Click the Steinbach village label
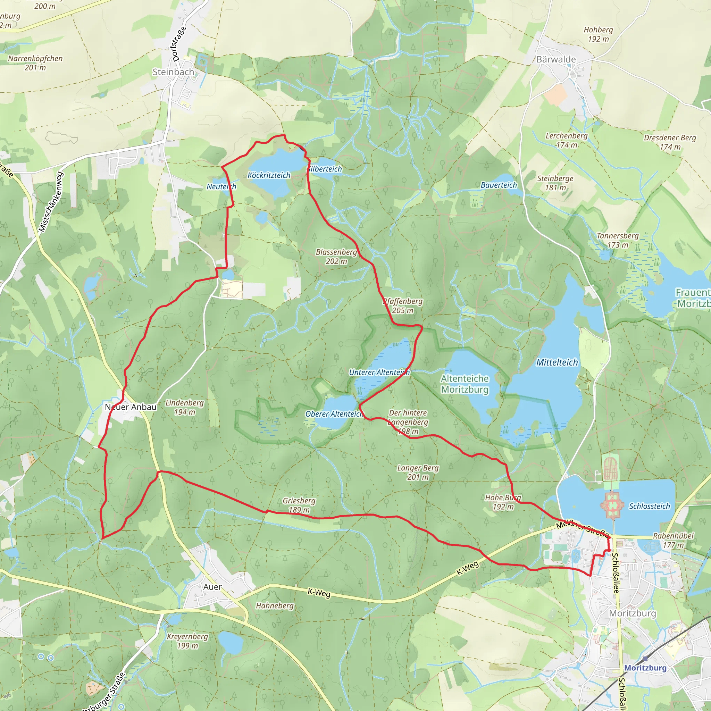pyautogui.click(x=173, y=72)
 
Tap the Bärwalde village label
pyautogui.click(x=556, y=59)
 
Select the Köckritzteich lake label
pyautogui.click(x=269, y=175)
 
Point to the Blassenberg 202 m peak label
pyautogui.click(x=336, y=257)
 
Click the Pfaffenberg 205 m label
pyautogui.click(x=403, y=306)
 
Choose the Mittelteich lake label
pyautogui.click(x=557, y=362)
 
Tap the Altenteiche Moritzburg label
pyautogui.click(x=465, y=384)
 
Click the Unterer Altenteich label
pyautogui.click(x=379, y=373)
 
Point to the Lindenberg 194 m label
pyautogui.click(x=184, y=407)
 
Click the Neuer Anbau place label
pyautogui.click(x=131, y=407)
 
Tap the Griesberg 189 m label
pyautogui.click(x=299, y=505)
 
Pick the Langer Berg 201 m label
pyautogui.click(x=418, y=472)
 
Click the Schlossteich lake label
pyautogui.click(x=649, y=507)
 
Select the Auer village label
pyautogui.click(x=212, y=587)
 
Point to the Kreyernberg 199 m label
pyautogui.click(x=187, y=641)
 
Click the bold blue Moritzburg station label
pyautogui.click(x=645, y=668)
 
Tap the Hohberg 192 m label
pyautogui.click(x=598, y=34)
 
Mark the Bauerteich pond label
pyautogui.click(x=499, y=185)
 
